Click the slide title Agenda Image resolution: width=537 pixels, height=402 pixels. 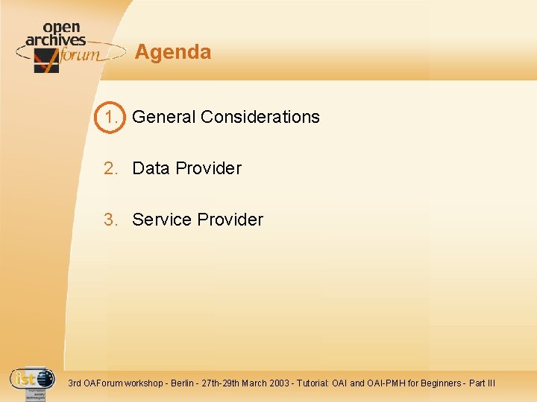tap(173, 52)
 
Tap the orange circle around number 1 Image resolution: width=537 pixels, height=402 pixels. tap(112, 117)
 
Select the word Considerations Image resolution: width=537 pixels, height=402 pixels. tap(260, 117)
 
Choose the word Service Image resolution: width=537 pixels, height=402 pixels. tap(160, 220)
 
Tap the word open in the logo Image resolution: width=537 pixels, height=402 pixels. tap(61, 28)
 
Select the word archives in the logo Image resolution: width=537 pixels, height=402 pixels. tap(56, 40)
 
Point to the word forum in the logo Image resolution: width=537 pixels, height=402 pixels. tap(79, 54)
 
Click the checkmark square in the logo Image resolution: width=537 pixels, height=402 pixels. tap(45, 61)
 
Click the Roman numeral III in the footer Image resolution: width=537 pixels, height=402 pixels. tap(490, 383)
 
